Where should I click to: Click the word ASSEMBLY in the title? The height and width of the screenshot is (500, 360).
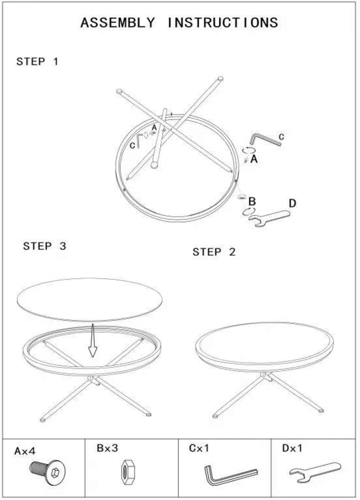click(117, 22)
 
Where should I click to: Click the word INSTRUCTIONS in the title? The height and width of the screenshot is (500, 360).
click(223, 22)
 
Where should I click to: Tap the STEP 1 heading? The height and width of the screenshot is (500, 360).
click(37, 61)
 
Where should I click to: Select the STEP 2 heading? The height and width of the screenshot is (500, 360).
click(214, 252)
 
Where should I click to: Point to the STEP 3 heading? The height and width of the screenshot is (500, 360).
click(45, 246)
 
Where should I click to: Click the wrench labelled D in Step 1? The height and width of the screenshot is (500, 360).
click(269, 218)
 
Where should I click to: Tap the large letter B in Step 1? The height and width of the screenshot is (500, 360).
click(252, 201)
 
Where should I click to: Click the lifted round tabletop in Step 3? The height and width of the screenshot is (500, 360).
click(90, 300)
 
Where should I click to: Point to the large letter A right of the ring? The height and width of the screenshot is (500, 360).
click(254, 160)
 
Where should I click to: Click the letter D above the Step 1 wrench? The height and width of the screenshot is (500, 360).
click(292, 203)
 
